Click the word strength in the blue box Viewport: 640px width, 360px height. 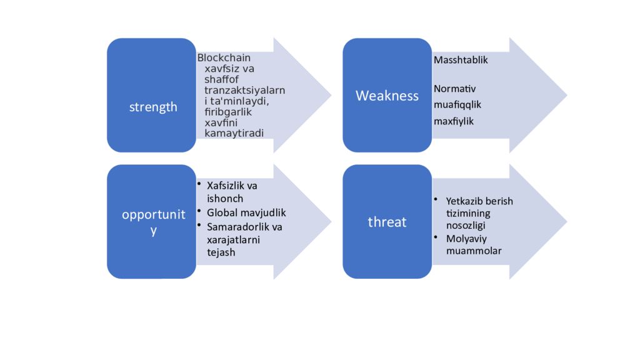[x=153, y=107]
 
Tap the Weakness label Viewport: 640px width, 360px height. [x=387, y=96]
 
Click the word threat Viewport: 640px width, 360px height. [x=387, y=222]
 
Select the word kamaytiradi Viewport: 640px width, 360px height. [x=234, y=133]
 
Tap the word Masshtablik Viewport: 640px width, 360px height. [x=461, y=61]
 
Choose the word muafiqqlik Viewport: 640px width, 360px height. [x=457, y=104]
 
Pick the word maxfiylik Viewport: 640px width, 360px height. [x=454, y=121]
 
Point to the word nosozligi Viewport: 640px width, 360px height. [x=466, y=225]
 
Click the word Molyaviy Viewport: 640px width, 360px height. [x=466, y=239]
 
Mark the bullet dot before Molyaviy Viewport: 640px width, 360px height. [x=436, y=237]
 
